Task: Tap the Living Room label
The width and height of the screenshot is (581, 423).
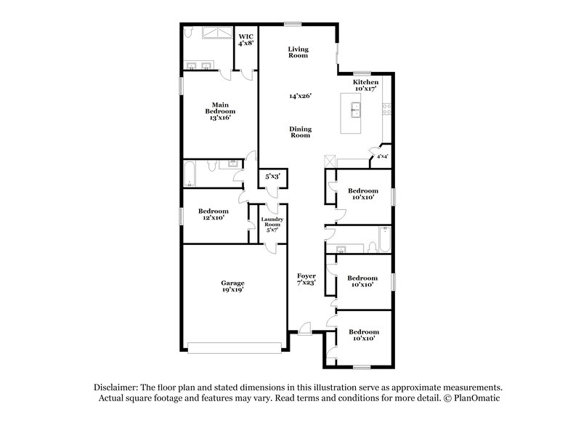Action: click(298, 52)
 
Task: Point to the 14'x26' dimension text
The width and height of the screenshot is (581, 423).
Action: click(299, 96)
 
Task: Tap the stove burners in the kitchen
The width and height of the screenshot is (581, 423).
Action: click(386, 110)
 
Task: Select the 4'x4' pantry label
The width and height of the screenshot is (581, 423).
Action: click(381, 156)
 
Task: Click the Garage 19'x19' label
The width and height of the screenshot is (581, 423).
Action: click(233, 286)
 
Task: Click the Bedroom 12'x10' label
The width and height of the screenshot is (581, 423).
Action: click(214, 214)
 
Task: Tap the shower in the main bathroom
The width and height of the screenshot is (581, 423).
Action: click(216, 33)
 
